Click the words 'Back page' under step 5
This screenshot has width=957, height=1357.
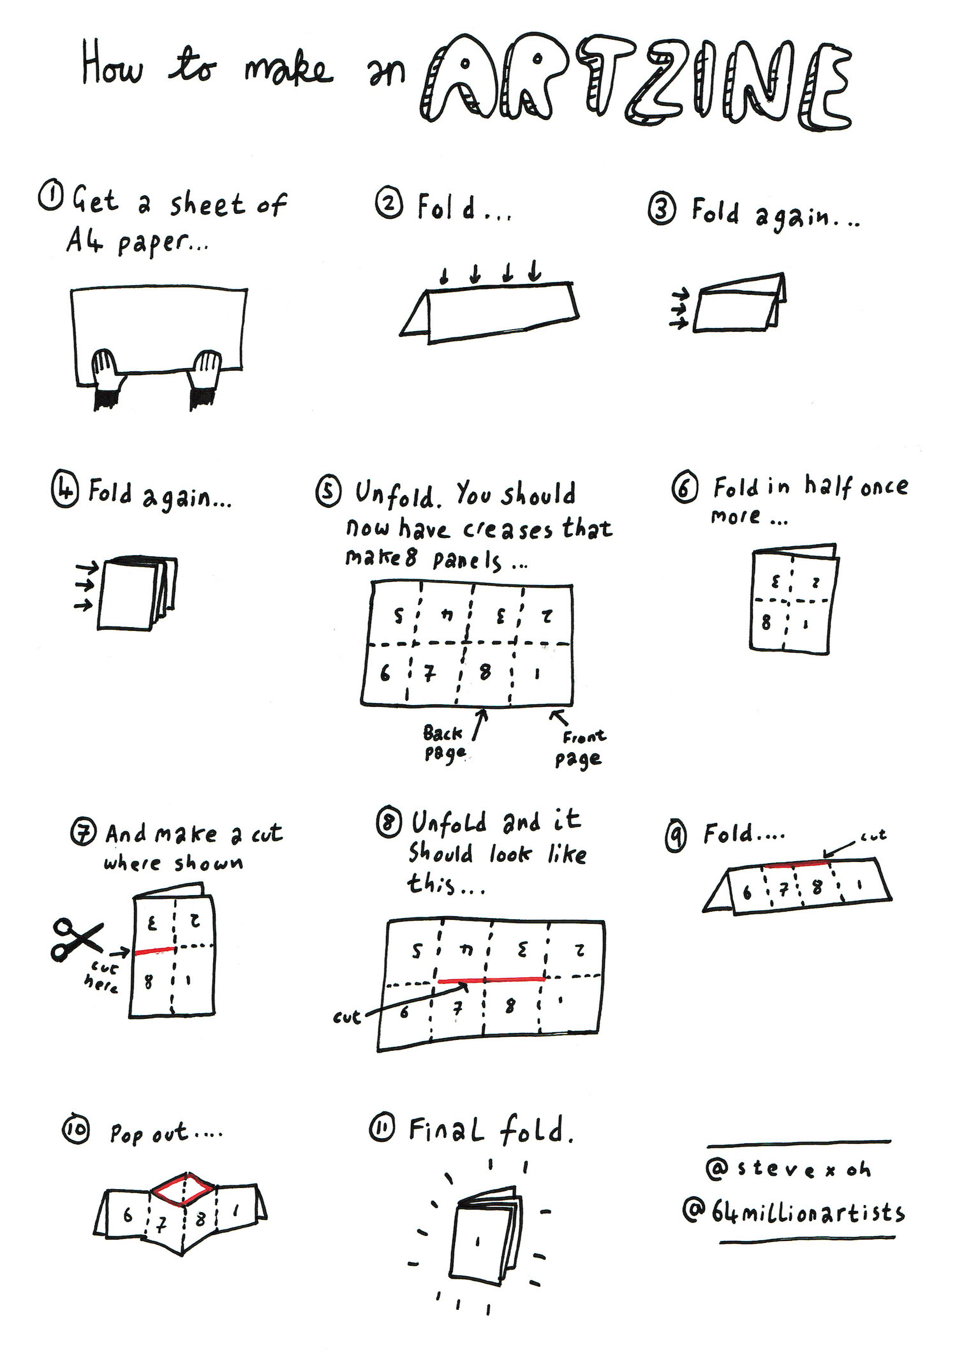(443, 743)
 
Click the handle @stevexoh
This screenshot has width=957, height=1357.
(789, 1169)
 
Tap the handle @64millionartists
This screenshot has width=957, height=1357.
(794, 1212)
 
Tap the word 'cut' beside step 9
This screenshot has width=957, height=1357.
(873, 835)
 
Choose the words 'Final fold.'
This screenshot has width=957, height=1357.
(491, 1130)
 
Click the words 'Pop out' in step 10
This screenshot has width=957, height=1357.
(149, 1134)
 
